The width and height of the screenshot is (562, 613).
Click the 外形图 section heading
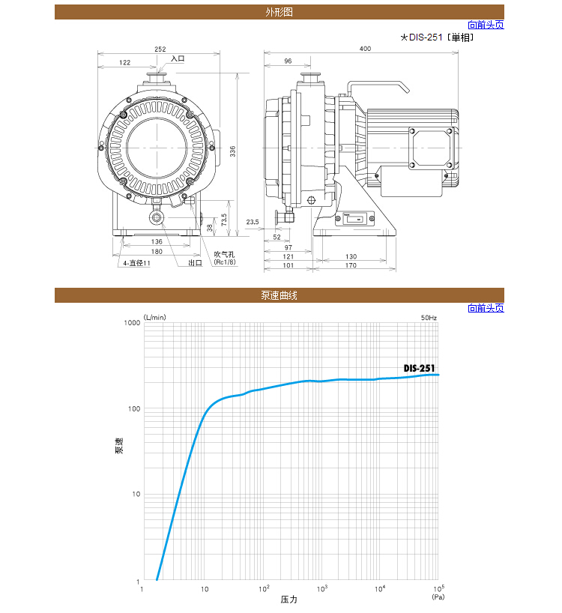point(279,12)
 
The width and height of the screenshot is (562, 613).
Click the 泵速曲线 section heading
point(279,295)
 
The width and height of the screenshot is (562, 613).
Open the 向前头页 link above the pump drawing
point(486,25)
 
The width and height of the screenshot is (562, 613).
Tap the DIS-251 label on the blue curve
point(419,368)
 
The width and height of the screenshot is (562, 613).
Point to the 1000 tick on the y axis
point(132,322)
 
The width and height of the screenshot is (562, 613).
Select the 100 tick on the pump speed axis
point(133,408)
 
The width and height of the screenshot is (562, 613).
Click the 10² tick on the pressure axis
point(264,589)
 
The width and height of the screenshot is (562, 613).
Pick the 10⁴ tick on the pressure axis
point(380,589)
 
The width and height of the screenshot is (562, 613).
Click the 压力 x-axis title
point(288,600)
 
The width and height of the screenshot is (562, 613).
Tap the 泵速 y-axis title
point(119,445)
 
